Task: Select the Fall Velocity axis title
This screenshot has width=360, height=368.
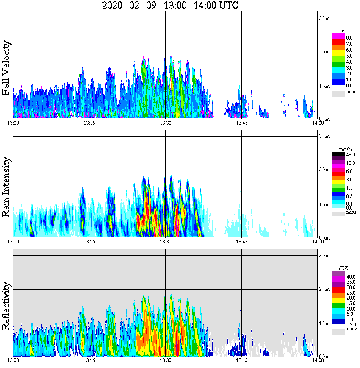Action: (6, 68)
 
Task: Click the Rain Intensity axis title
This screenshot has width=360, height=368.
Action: (6, 187)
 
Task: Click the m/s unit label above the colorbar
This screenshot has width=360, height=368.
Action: (343, 31)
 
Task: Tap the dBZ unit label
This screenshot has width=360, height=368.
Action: (343, 268)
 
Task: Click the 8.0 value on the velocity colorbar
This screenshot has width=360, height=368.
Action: (349, 38)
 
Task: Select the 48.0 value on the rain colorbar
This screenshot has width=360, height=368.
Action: (350, 155)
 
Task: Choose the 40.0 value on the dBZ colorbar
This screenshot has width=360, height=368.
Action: (351, 276)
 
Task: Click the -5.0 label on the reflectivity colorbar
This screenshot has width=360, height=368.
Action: (350, 323)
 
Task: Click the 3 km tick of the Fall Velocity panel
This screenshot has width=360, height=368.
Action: (324, 18)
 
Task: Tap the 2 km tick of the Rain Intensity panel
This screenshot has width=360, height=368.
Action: (324, 170)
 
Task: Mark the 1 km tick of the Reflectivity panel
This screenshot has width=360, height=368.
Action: (324, 323)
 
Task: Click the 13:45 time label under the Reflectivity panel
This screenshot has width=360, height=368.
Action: (241, 360)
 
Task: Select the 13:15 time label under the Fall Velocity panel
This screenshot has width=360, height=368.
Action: (89, 123)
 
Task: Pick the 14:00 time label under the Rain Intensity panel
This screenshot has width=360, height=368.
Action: (318, 242)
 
